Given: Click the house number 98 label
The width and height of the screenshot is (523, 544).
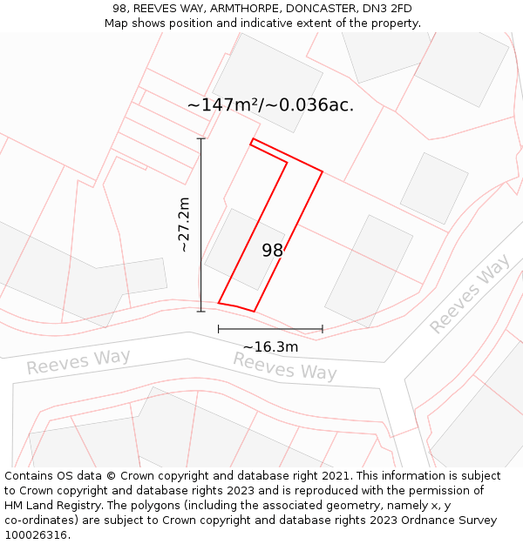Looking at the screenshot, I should [x=273, y=251].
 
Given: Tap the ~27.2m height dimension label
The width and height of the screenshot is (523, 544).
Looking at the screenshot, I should [x=184, y=225].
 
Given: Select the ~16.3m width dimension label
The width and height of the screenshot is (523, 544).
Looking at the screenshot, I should [x=270, y=346].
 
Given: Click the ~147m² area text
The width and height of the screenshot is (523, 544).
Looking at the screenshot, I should [x=224, y=105].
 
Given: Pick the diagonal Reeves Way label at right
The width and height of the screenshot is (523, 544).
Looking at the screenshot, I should [x=470, y=294].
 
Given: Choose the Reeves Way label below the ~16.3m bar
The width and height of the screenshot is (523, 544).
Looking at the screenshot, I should [x=284, y=366].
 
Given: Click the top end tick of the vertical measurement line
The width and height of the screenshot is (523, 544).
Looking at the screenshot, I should [x=200, y=138].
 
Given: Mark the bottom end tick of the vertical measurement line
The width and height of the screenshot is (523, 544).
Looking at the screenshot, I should [x=200, y=311].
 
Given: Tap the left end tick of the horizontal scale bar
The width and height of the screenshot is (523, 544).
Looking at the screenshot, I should [x=218, y=329].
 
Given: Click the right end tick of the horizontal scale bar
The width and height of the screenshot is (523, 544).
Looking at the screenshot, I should [x=323, y=329].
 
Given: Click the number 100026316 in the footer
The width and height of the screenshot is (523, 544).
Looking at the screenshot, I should [x=37, y=534].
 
